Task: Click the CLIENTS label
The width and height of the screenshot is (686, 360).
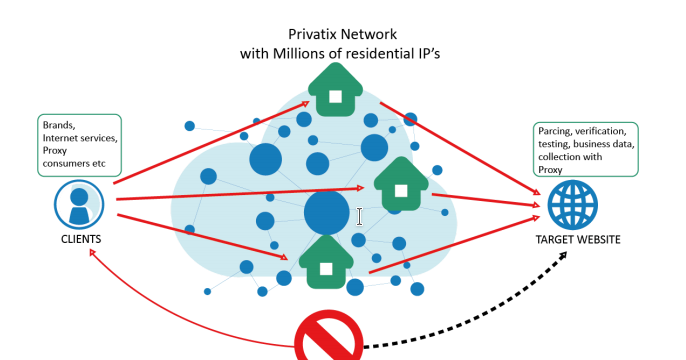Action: tap(81, 240)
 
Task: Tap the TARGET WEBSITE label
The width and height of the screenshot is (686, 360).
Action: tap(577, 240)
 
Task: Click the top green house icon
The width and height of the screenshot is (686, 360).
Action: tap(336, 89)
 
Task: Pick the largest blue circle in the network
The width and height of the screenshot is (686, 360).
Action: tap(326, 213)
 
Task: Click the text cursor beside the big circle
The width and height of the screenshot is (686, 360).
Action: tap(360, 216)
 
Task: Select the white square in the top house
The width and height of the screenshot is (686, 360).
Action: tap(336, 97)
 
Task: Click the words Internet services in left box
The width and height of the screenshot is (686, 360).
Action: tap(79, 137)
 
